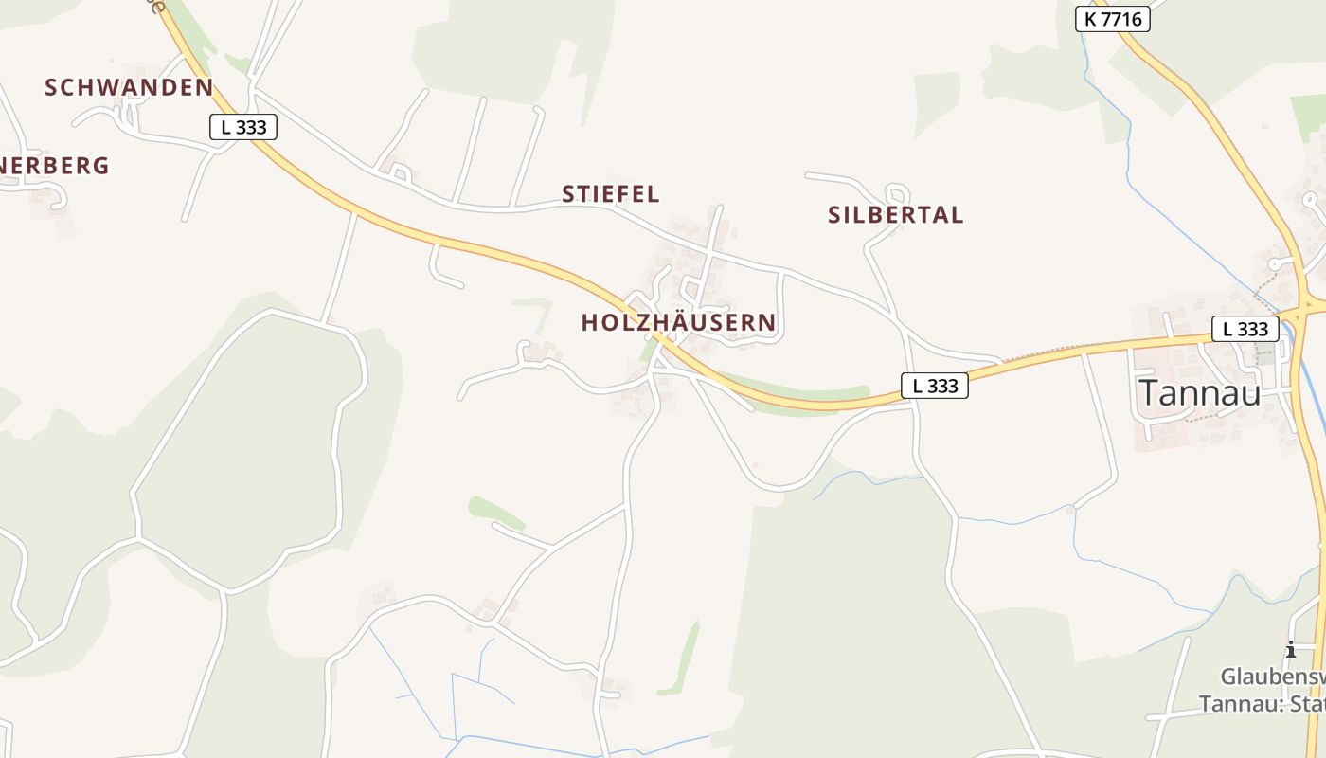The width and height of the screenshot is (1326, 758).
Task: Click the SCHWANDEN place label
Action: point(129,87)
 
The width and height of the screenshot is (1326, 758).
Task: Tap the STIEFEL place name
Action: point(610,194)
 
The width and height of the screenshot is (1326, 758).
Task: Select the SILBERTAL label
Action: point(895,215)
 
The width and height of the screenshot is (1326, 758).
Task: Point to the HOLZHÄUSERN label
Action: point(678,322)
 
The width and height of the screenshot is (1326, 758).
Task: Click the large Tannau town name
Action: point(1199,392)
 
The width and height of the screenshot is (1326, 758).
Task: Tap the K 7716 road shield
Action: point(1112,18)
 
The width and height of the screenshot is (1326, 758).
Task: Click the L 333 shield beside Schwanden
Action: point(243,127)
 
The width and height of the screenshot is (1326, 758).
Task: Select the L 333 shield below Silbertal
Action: point(934,386)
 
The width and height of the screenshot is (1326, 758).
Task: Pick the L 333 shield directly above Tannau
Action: point(1245,329)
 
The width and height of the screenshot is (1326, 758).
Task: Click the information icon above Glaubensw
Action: point(1290,649)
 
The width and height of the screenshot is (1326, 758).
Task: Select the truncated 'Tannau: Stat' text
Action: point(1262,705)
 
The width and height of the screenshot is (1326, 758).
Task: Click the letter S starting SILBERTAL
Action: point(834,215)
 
